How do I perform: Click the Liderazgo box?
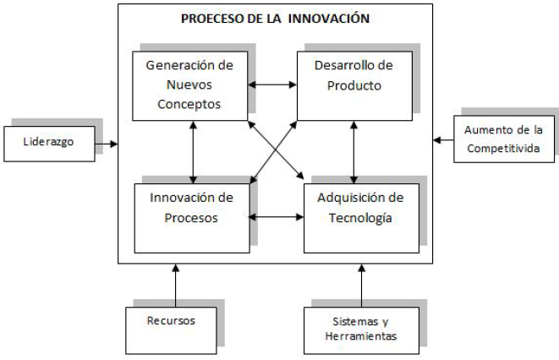click(48, 143)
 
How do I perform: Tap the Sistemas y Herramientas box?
click(361, 329)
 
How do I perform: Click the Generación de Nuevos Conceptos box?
click(189, 85)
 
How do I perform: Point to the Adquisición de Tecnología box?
click(361, 217)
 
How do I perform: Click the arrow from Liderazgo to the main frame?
click(105, 144)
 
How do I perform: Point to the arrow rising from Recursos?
click(176, 286)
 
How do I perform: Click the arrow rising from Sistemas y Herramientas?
click(361, 286)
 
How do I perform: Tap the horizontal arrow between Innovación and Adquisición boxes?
click(277, 217)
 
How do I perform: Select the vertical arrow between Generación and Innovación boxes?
click(194, 150)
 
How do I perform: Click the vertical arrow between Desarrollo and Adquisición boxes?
click(353, 150)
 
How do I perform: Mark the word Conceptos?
click(189, 105)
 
